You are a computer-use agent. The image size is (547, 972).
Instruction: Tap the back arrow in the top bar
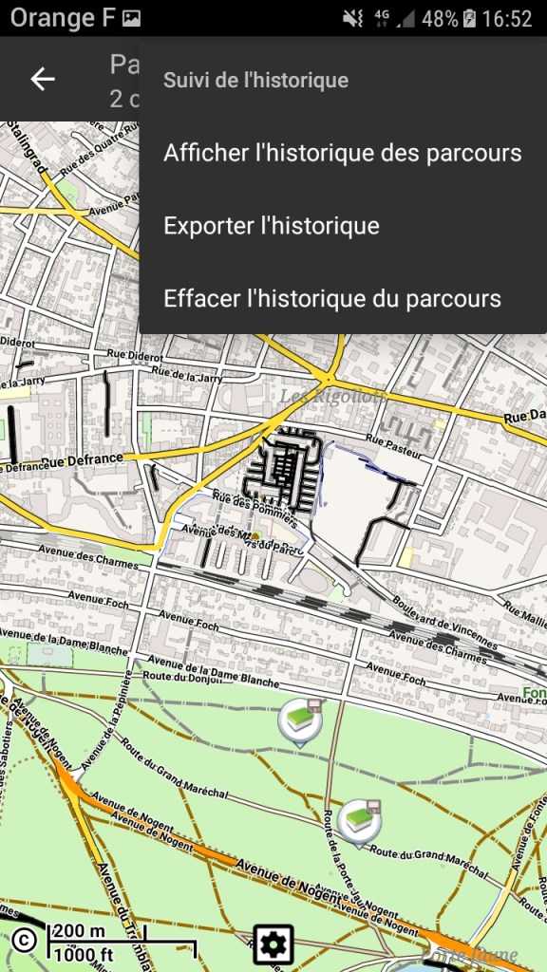click(x=43, y=79)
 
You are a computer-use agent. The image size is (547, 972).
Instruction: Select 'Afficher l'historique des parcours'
click(x=342, y=153)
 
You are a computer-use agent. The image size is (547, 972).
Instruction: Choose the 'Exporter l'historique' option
click(x=272, y=226)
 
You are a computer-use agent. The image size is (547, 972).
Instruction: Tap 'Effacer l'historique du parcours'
click(x=331, y=299)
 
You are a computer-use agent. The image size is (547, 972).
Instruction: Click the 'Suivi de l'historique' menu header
click(x=255, y=81)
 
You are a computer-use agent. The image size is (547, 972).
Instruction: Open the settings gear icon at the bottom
click(x=273, y=944)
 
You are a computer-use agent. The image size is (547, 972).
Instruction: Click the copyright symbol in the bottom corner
click(x=24, y=940)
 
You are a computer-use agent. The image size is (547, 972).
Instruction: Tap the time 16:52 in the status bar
click(x=508, y=18)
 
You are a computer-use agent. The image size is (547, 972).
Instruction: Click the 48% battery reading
click(x=439, y=18)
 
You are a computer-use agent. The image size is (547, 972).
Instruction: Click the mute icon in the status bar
click(x=352, y=18)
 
